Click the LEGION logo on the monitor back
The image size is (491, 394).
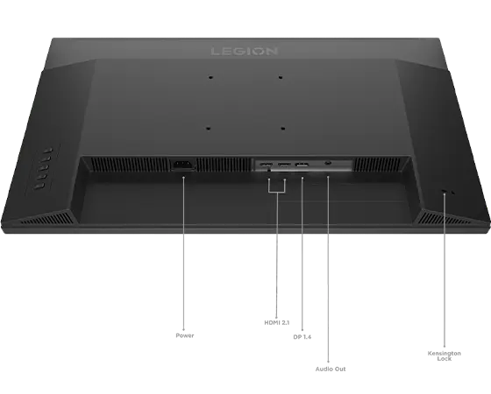[x=245, y=51]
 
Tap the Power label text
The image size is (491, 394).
[x=185, y=335]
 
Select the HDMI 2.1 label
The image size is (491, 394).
[x=277, y=322]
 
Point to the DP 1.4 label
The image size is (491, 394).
[x=302, y=337]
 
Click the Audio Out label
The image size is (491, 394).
[x=331, y=369]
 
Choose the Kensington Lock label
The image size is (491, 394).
[x=444, y=355]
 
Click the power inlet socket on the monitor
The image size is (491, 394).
[x=182, y=165]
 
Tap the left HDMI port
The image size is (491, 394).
[x=267, y=165]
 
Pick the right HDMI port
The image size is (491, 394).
[x=284, y=165]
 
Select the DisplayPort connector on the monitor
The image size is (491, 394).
[x=302, y=165]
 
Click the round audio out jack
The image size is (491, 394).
[x=328, y=163]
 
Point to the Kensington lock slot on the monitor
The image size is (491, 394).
[x=444, y=191]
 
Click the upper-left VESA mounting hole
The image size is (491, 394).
[x=210, y=77]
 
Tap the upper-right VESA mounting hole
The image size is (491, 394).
[x=281, y=77]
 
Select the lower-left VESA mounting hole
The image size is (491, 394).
[x=209, y=129]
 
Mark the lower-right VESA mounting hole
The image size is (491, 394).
[x=282, y=129]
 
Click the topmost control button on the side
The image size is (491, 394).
[x=47, y=151]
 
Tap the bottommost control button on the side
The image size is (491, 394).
[x=39, y=187]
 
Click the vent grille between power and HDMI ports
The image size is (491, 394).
[x=223, y=165]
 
